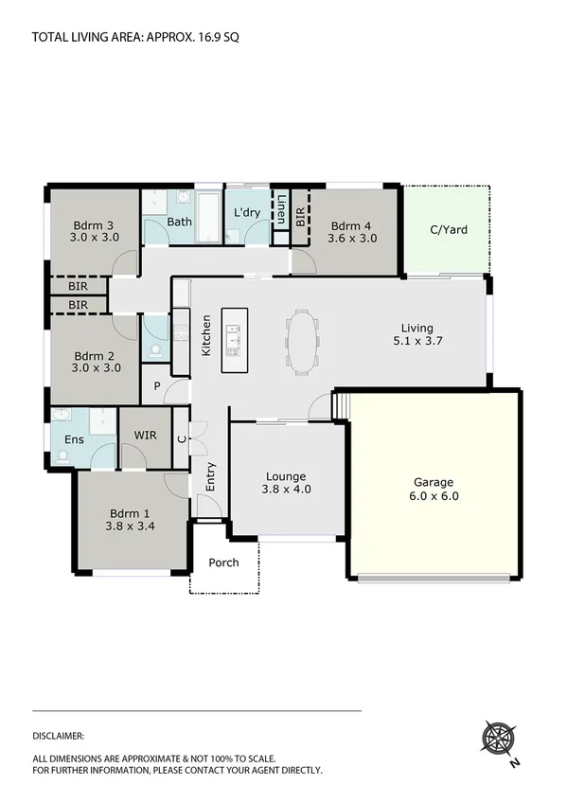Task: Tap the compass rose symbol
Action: pyautogui.click(x=498, y=737)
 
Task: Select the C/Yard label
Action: pyautogui.click(x=449, y=229)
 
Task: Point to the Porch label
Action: pyautogui.click(x=224, y=562)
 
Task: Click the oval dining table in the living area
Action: pyautogui.click(x=303, y=341)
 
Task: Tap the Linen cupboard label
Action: pyautogui.click(x=281, y=209)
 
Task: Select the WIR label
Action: pyautogui.click(x=145, y=437)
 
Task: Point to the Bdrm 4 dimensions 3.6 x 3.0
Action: pyautogui.click(x=352, y=239)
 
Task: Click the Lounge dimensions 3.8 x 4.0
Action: pyautogui.click(x=287, y=490)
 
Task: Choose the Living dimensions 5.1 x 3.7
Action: pyautogui.click(x=416, y=342)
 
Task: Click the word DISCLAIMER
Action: pyautogui.click(x=59, y=735)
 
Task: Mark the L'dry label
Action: pyautogui.click(x=247, y=212)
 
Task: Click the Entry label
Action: pyautogui.click(x=209, y=473)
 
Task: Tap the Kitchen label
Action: pyautogui.click(x=205, y=335)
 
